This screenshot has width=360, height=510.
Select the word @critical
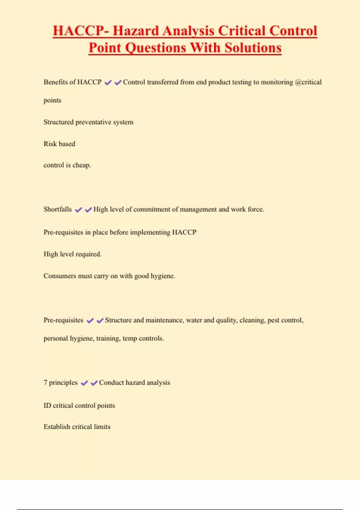pos(308,82)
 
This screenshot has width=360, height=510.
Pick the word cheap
pos(82,165)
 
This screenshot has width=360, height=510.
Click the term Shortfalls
pos(58,209)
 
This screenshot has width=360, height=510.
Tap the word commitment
pos(152,209)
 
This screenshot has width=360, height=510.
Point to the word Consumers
pos(60,276)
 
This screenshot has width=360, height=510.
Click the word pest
pos(273,320)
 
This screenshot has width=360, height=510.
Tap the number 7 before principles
pos(45,382)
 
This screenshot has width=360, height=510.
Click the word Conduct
pos(111,382)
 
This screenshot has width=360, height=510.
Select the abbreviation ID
pos(47,406)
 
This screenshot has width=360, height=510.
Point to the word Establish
pos(57,427)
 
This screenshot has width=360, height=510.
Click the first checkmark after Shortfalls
pos(79,210)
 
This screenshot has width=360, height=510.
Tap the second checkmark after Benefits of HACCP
pos(118,82)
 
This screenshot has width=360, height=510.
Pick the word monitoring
pos(277,82)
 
